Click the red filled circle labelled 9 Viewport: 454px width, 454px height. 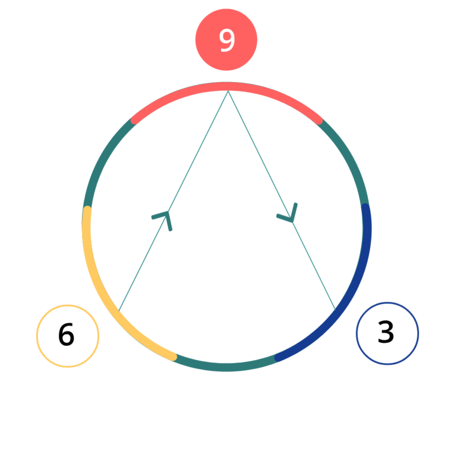[x=226, y=40]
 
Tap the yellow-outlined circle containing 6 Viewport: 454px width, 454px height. [x=67, y=336]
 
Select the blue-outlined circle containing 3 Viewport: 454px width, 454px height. [x=387, y=333]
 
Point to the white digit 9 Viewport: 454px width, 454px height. [x=226, y=40]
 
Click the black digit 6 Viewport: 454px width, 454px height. [x=66, y=335]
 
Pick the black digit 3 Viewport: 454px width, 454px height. [x=385, y=333]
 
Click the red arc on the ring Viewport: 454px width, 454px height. [x=226, y=87]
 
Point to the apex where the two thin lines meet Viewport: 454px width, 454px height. [x=228, y=92]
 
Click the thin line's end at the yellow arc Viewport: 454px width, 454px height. [x=119, y=311]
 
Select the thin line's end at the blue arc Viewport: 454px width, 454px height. [x=335, y=309]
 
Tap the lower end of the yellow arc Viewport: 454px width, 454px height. [x=174, y=356]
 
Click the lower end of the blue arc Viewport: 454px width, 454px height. [x=278, y=357]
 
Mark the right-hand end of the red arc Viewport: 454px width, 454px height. [x=320, y=121]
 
